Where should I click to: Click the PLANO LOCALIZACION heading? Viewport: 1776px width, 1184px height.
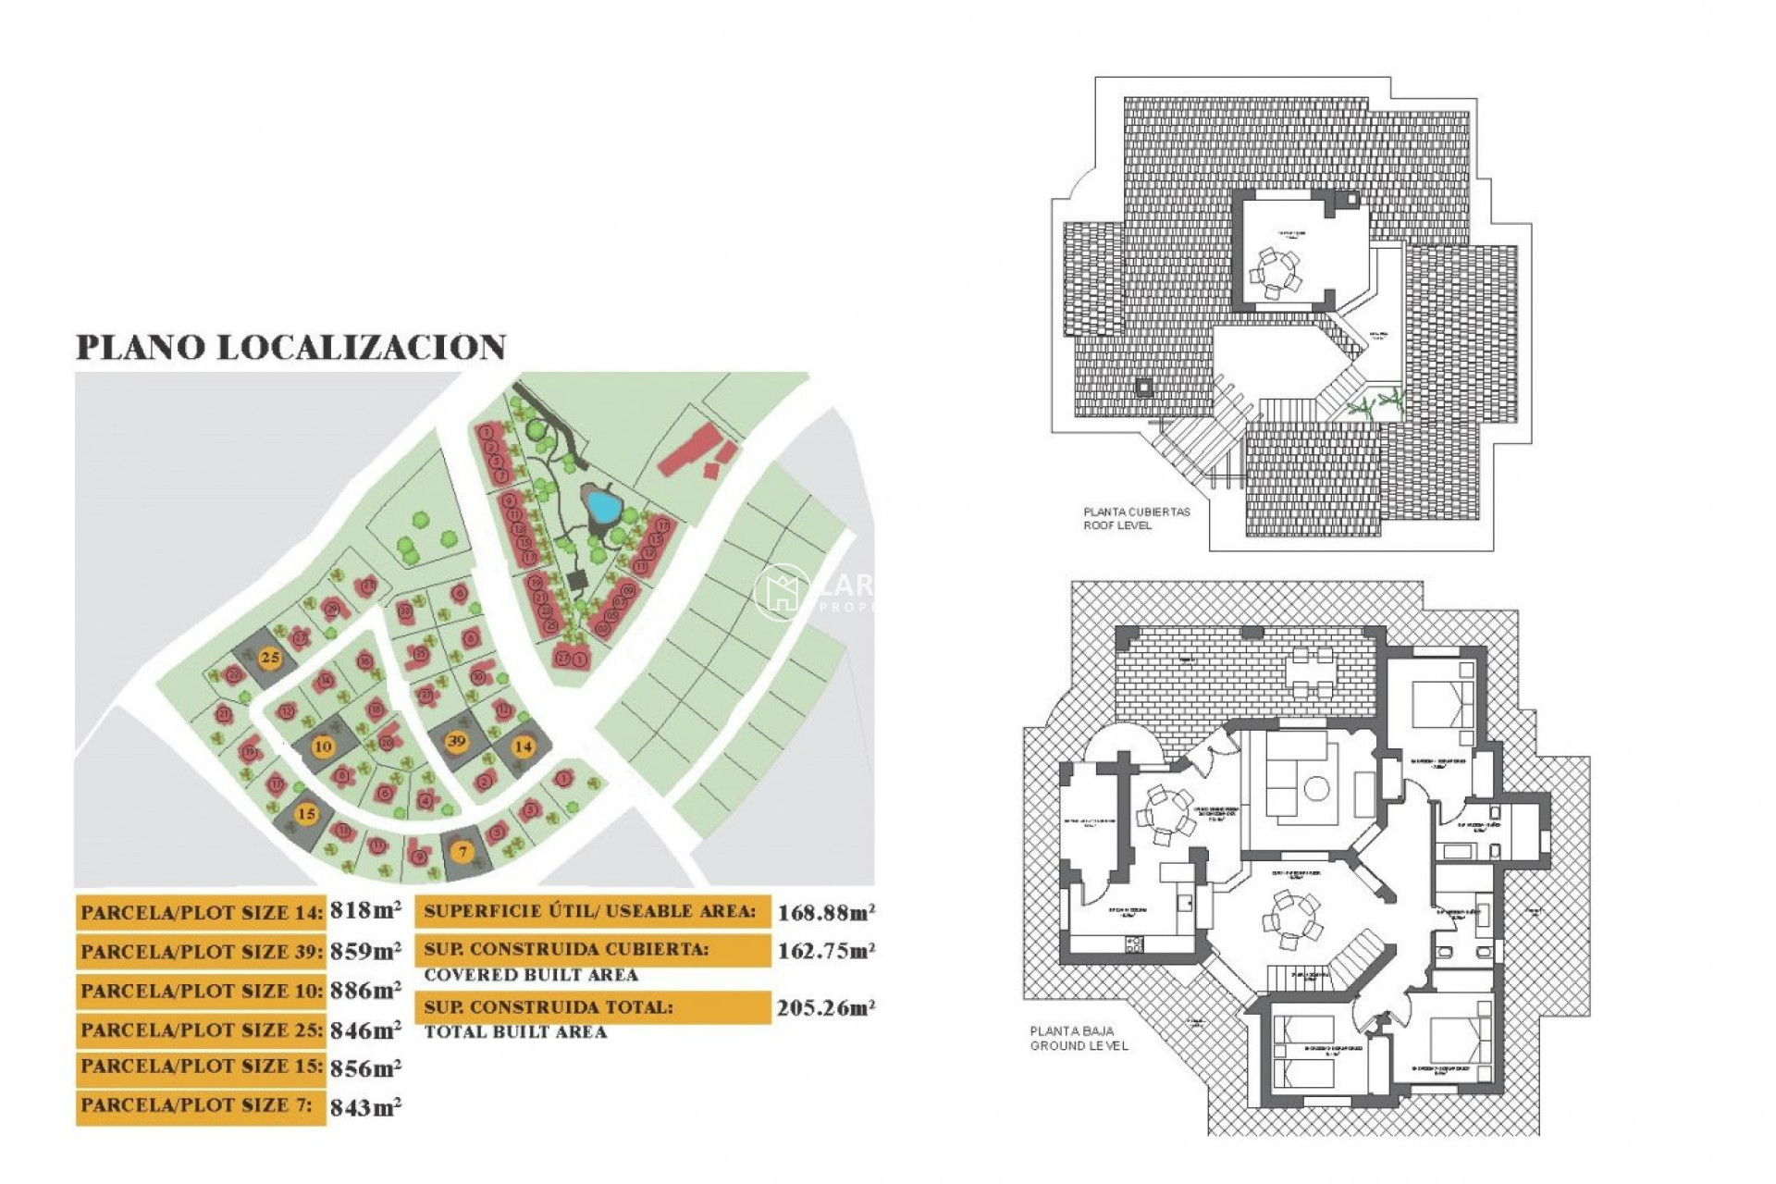pyautogui.click(x=290, y=347)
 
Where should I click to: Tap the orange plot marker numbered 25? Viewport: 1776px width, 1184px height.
pyautogui.click(x=270, y=659)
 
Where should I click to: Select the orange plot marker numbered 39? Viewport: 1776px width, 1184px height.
pyautogui.click(x=456, y=741)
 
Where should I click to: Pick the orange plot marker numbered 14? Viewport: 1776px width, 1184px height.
pyautogui.click(x=524, y=746)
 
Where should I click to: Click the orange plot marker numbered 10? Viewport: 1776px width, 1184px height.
pyautogui.click(x=322, y=746)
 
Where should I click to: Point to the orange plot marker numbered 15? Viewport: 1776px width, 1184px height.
pyautogui.click(x=306, y=814)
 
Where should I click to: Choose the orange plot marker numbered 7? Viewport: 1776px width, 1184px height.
pyautogui.click(x=462, y=851)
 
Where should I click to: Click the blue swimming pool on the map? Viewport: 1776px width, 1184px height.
pyautogui.click(x=603, y=505)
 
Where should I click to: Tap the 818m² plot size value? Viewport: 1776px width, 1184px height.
pyautogui.click(x=365, y=910)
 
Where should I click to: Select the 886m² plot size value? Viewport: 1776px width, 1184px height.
pyautogui.click(x=365, y=990)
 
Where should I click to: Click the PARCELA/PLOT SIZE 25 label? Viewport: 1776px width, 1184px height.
pyautogui.click(x=202, y=1030)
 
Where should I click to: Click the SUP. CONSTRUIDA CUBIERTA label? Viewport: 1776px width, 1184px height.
pyautogui.click(x=566, y=949)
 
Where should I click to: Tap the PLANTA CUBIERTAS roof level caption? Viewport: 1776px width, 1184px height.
pyautogui.click(x=1137, y=518)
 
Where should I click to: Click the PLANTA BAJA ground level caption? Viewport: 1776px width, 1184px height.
pyautogui.click(x=1079, y=1038)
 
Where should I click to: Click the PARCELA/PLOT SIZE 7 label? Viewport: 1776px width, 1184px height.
pyautogui.click(x=196, y=1105)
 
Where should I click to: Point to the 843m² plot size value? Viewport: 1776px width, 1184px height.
pyautogui.click(x=365, y=1106)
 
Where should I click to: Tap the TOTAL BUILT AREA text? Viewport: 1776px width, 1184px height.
pyautogui.click(x=515, y=1031)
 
